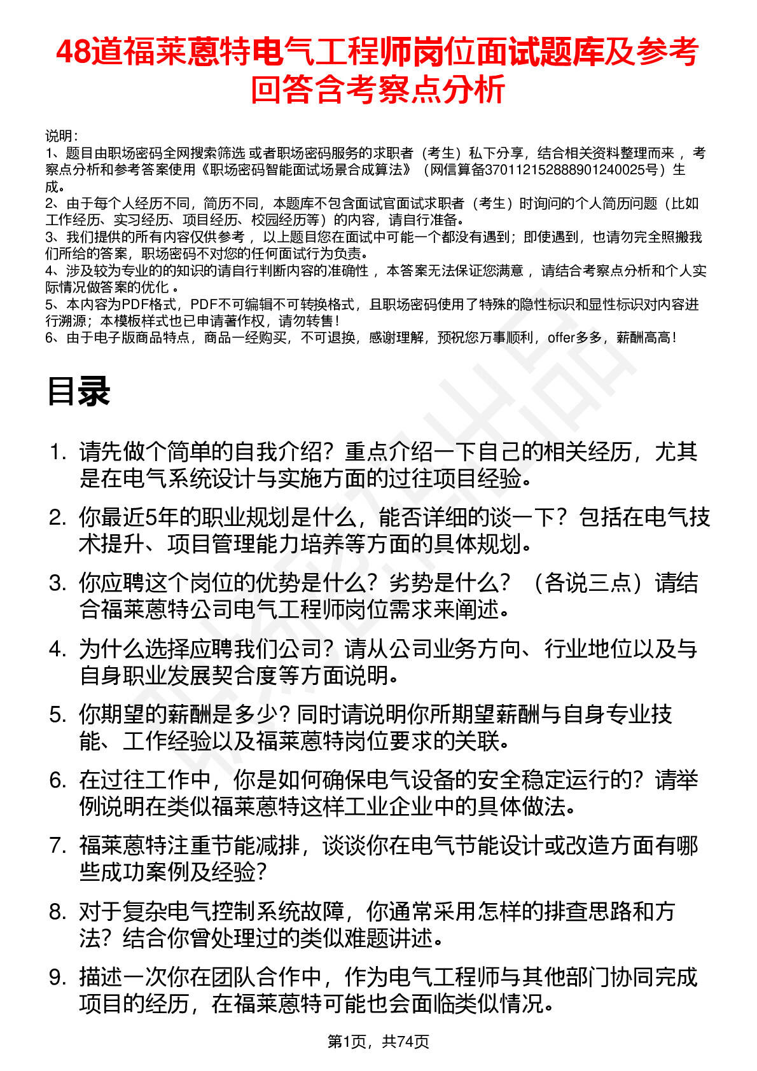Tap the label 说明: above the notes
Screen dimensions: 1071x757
[61, 136]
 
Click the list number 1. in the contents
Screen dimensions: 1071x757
[58, 452]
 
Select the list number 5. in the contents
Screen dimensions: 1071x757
[58, 715]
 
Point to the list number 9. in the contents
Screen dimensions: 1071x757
[58, 978]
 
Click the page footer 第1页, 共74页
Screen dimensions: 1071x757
[378, 1041]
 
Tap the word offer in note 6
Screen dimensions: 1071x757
[560, 338]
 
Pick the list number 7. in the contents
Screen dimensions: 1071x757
[58, 846]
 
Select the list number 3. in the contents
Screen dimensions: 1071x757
[58, 583]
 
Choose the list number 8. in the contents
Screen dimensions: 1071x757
[58, 912]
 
